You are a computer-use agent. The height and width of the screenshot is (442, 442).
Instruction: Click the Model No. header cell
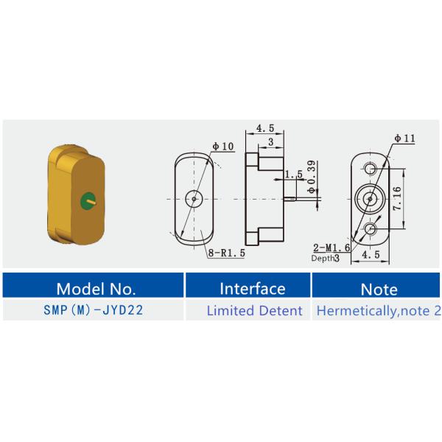(x=93, y=285)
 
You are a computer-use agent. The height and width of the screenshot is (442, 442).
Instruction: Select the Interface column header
(x=248, y=285)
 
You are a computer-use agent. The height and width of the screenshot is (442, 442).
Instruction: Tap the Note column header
(x=376, y=285)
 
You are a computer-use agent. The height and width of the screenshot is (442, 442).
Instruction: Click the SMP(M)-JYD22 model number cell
(x=94, y=310)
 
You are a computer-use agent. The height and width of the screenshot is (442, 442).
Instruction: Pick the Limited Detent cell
(x=255, y=311)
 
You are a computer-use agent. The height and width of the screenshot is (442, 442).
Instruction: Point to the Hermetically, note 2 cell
(x=379, y=311)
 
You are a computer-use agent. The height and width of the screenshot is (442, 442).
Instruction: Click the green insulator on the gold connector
(x=88, y=202)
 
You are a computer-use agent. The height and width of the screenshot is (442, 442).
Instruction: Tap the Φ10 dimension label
(x=223, y=147)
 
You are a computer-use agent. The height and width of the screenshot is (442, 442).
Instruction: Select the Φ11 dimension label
(x=404, y=138)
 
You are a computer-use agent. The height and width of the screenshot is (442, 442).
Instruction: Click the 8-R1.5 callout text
(x=227, y=253)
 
